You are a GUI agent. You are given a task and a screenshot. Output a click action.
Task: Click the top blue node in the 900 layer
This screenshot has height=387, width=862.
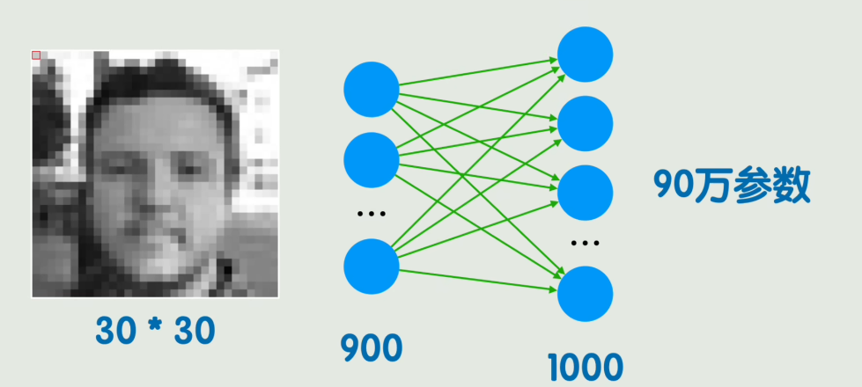click(x=371, y=90)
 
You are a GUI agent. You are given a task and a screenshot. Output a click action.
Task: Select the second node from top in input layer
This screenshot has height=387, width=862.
click(x=371, y=158)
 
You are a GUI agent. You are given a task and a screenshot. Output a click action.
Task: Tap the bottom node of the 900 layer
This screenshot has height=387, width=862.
click(x=371, y=265)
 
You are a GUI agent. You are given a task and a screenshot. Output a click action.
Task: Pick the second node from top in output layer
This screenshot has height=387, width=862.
click(x=585, y=123)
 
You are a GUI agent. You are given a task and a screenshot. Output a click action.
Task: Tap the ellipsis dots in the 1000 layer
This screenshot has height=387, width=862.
click(x=585, y=242)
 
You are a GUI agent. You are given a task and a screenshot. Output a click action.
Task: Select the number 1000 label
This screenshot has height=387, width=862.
click(x=585, y=368)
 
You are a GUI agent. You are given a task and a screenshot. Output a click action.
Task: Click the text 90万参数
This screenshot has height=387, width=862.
click(x=731, y=186)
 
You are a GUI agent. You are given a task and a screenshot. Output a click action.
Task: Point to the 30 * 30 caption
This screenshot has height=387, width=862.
click(x=155, y=331)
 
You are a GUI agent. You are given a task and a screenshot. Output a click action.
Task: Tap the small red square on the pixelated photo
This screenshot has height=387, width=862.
click(x=36, y=55)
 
